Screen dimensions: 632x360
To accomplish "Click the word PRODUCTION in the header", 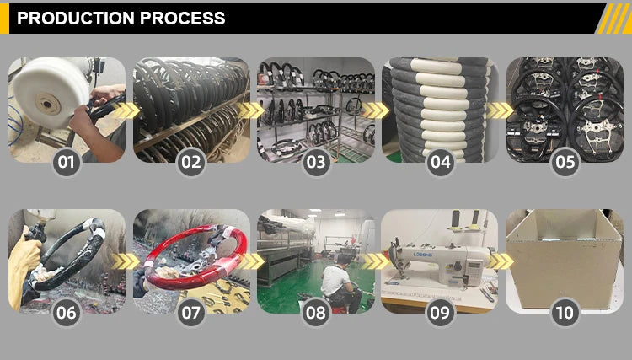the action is point(76,19).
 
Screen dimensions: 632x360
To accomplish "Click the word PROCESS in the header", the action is point(183,19).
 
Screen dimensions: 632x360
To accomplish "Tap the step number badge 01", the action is point(67,162).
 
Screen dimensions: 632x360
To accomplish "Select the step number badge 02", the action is point(191,162).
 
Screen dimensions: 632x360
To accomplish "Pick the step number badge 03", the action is point(316,162).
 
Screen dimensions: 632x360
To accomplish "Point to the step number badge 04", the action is point(441,162).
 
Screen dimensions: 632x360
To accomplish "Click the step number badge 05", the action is point(565,162).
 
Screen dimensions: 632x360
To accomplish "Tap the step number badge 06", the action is point(67,313).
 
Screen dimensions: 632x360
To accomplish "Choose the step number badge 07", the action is point(191,313).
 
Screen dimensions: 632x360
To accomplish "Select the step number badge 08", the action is point(316,313).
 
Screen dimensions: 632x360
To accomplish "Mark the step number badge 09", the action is point(441,313).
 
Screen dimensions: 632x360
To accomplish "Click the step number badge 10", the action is point(565,313).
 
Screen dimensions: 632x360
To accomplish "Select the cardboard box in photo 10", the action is point(564,259).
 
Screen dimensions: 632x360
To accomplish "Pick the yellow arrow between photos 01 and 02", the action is point(126,110).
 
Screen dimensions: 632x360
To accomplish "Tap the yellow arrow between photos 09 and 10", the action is point(501,261).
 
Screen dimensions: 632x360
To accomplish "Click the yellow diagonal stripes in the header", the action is point(613,19).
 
